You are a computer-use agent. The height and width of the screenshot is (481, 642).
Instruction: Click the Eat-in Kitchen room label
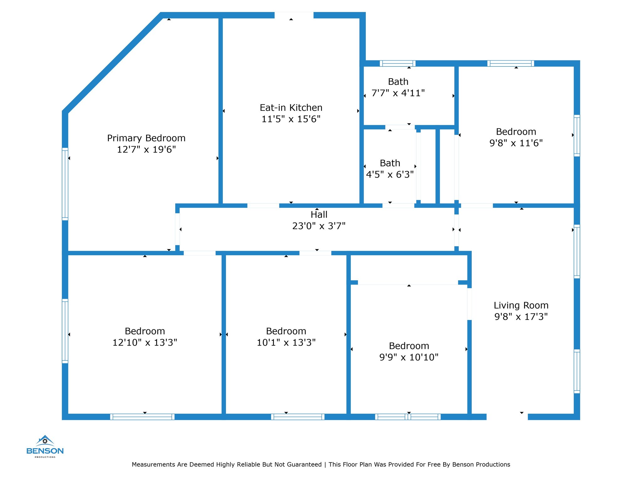291,108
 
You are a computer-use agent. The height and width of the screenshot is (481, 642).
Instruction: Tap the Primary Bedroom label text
146,138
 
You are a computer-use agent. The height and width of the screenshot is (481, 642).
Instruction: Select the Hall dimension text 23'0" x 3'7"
319,226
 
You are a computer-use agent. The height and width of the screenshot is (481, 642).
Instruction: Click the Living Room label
521,305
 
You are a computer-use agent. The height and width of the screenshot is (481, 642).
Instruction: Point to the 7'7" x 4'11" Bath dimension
398,93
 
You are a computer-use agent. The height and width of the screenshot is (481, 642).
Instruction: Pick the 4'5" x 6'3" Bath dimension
390,174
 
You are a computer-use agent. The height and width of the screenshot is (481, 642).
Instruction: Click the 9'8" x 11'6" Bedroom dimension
516,143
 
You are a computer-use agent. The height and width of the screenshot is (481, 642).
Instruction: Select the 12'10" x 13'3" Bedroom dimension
145,343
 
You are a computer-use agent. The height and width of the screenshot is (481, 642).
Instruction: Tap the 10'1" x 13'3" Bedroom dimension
286,343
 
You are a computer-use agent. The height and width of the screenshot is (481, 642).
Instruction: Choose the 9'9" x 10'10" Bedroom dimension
409,357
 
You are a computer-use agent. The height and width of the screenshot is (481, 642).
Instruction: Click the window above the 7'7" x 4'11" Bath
397,64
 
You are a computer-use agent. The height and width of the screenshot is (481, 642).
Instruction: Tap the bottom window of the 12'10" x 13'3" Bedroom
142,417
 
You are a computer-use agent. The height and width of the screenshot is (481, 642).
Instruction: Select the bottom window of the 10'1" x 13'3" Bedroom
297,417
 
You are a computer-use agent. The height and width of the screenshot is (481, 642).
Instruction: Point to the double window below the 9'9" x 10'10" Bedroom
408,417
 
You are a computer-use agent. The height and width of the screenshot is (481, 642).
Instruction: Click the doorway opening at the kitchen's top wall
294,15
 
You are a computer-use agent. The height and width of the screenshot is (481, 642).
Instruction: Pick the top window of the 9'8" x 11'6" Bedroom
511,64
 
